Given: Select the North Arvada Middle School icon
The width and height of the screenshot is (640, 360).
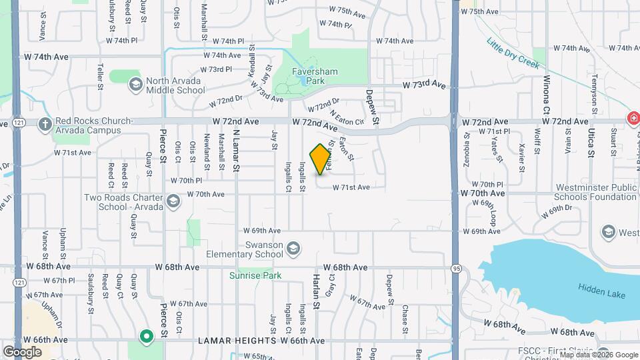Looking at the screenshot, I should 136,84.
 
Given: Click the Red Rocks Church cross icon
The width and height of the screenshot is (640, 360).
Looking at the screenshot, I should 45,123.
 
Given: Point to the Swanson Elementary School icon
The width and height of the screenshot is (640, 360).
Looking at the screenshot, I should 292,251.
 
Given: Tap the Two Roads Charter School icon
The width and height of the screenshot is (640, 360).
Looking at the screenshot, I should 173,201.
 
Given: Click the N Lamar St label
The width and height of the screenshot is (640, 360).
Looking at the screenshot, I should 236,150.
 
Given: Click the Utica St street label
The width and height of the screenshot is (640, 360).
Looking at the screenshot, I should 591,143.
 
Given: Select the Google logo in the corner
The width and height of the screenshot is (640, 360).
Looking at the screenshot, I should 22,351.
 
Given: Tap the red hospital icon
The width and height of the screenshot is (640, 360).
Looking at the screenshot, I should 633,119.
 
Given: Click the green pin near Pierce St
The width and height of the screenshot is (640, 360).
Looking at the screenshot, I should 145,336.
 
